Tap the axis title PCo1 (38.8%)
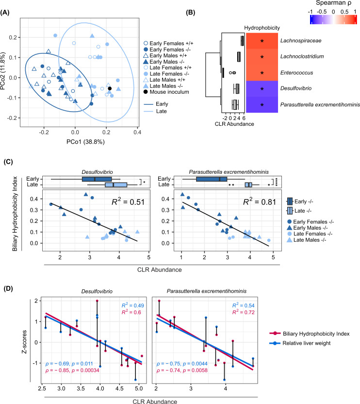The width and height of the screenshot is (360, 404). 75,144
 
